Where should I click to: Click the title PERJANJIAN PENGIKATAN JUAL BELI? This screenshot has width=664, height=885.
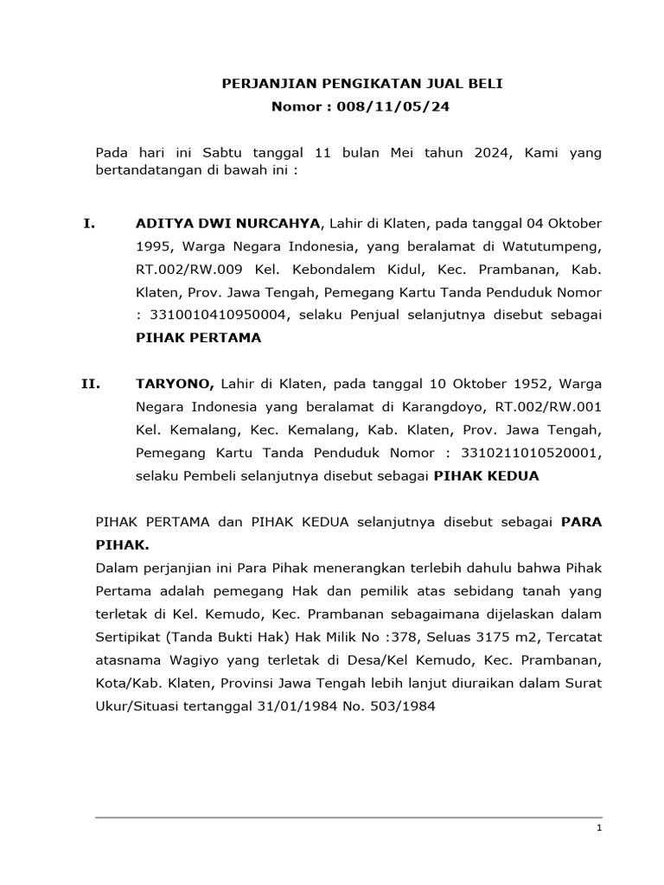pyautogui.click(x=362, y=84)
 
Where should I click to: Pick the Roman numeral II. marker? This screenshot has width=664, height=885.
pyautogui.click(x=92, y=382)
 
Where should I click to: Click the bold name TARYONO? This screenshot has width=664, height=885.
pyautogui.click(x=176, y=382)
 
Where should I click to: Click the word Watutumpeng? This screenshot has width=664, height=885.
pyautogui.click(x=556, y=247)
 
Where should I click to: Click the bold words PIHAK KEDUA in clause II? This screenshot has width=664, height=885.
pyautogui.click(x=486, y=475)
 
